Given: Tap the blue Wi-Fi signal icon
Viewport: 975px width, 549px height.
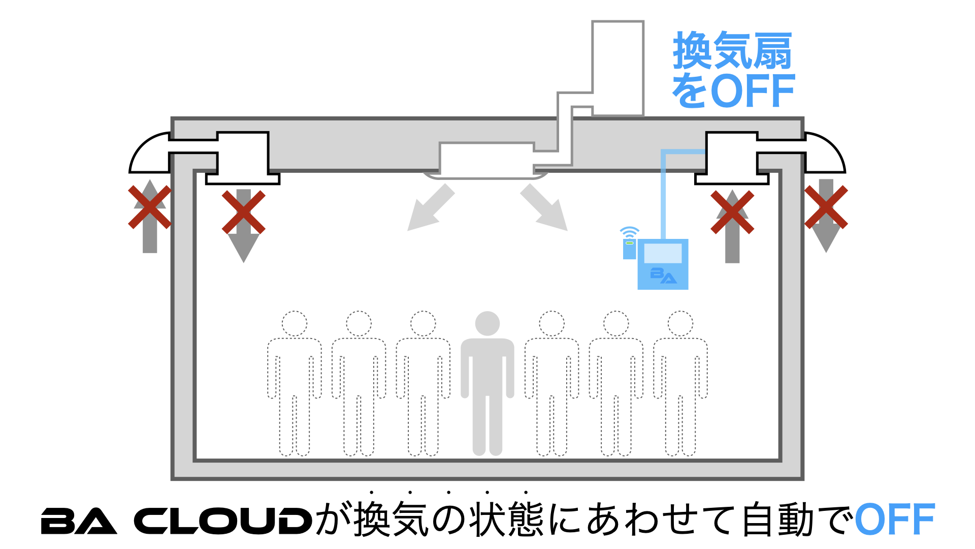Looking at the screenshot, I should coord(629,232).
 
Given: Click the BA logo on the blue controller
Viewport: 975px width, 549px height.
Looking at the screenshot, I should coord(663,275).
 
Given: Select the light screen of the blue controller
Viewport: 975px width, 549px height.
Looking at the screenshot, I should coord(663,253).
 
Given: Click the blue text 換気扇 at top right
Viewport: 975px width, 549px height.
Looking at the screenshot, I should coord(732,51).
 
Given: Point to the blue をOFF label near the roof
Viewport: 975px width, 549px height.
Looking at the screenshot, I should coord(733,90).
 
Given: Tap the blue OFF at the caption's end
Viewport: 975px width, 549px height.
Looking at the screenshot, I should coord(895,520).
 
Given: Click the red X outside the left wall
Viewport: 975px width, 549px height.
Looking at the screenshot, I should coord(149,207).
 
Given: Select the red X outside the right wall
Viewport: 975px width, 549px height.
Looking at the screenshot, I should coord(826,207).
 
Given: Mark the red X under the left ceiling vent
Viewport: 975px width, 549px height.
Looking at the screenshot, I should coord(244,212).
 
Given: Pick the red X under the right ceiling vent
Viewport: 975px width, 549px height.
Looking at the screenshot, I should coord(732,212).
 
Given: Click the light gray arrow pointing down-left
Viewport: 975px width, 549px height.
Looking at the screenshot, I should coord(429,208).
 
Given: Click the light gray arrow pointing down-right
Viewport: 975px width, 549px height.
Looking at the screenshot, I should coord(545,208).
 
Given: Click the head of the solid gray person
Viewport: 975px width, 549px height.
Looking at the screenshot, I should coord(487,323).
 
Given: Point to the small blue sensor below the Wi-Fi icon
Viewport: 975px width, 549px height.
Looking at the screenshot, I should coord(630,249).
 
